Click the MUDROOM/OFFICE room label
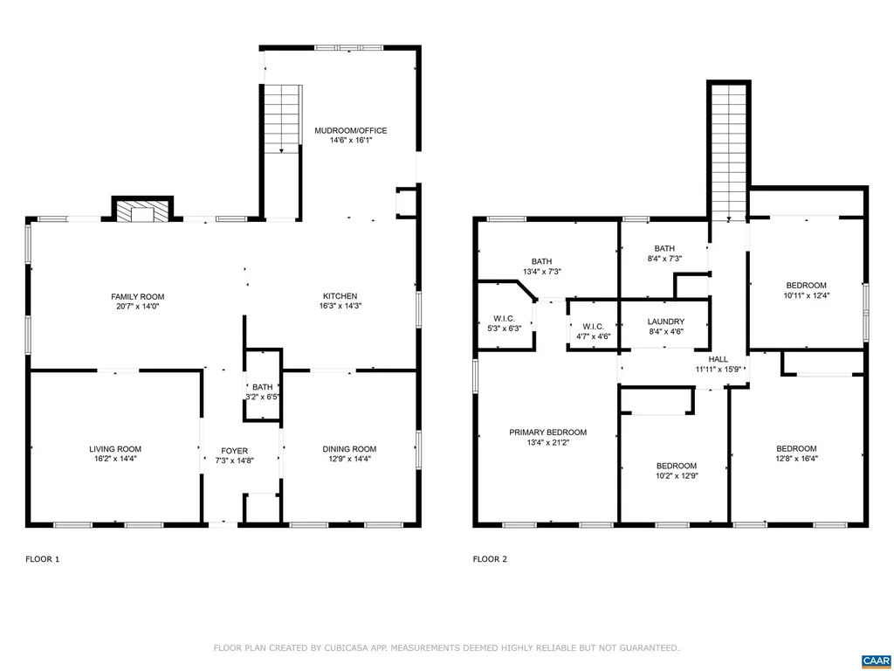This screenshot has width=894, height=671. [x=350, y=131]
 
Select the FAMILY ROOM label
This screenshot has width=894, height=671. [x=137, y=296]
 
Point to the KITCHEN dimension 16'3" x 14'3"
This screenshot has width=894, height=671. [x=338, y=307]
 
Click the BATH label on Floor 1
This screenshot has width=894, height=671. [x=262, y=386]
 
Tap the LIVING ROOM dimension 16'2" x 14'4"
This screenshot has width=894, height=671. [x=114, y=459]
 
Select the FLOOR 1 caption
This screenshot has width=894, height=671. [x=42, y=558]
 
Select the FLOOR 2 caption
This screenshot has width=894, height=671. [x=490, y=558]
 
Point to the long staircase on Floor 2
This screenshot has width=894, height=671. [x=728, y=153]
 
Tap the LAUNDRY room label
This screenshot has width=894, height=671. [x=665, y=322]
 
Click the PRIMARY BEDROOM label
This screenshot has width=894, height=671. [x=547, y=432]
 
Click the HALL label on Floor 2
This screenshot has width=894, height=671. [x=718, y=359]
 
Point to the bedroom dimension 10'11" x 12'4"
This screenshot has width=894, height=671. [x=806, y=295]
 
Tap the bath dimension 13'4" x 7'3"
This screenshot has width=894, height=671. [x=541, y=272]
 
